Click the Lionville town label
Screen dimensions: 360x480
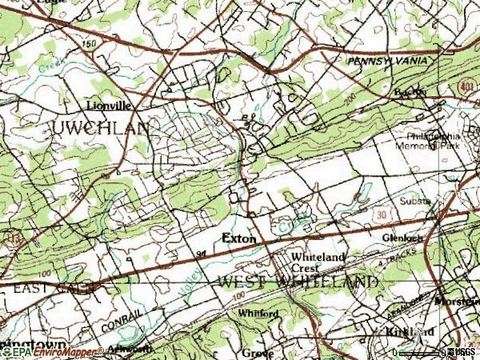click(x=109, y=105)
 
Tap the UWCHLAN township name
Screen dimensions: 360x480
click(x=100, y=128)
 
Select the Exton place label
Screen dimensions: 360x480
click(x=238, y=238)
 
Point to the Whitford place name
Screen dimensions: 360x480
click(x=258, y=314)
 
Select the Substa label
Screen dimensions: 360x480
click(x=415, y=202)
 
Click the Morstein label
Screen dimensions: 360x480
click(x=457, y=302)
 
